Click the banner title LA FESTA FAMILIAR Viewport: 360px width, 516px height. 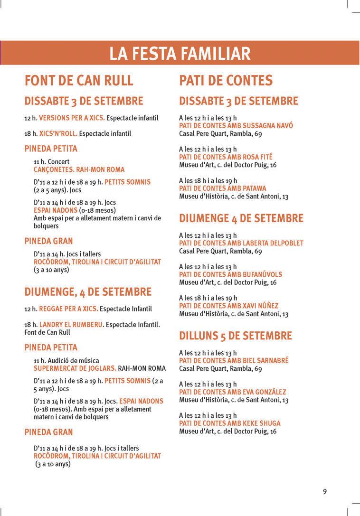click(180, 53)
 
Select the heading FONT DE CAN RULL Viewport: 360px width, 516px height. click(79, 80)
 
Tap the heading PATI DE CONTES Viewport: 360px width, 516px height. click(226, 80)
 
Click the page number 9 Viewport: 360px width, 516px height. click(325, 491)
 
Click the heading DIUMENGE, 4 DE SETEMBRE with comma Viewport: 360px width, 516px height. click(88, 291)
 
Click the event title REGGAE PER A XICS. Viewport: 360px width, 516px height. click(68, 309)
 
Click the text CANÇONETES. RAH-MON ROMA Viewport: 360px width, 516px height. click(79, 169)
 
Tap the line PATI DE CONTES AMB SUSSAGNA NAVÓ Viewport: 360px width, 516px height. click(236, 126)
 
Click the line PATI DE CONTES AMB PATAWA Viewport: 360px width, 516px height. click(222, 188)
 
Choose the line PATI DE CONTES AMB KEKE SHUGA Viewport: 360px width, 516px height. click(229, 423)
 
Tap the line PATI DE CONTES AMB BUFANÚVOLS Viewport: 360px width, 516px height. click(230, 274)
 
